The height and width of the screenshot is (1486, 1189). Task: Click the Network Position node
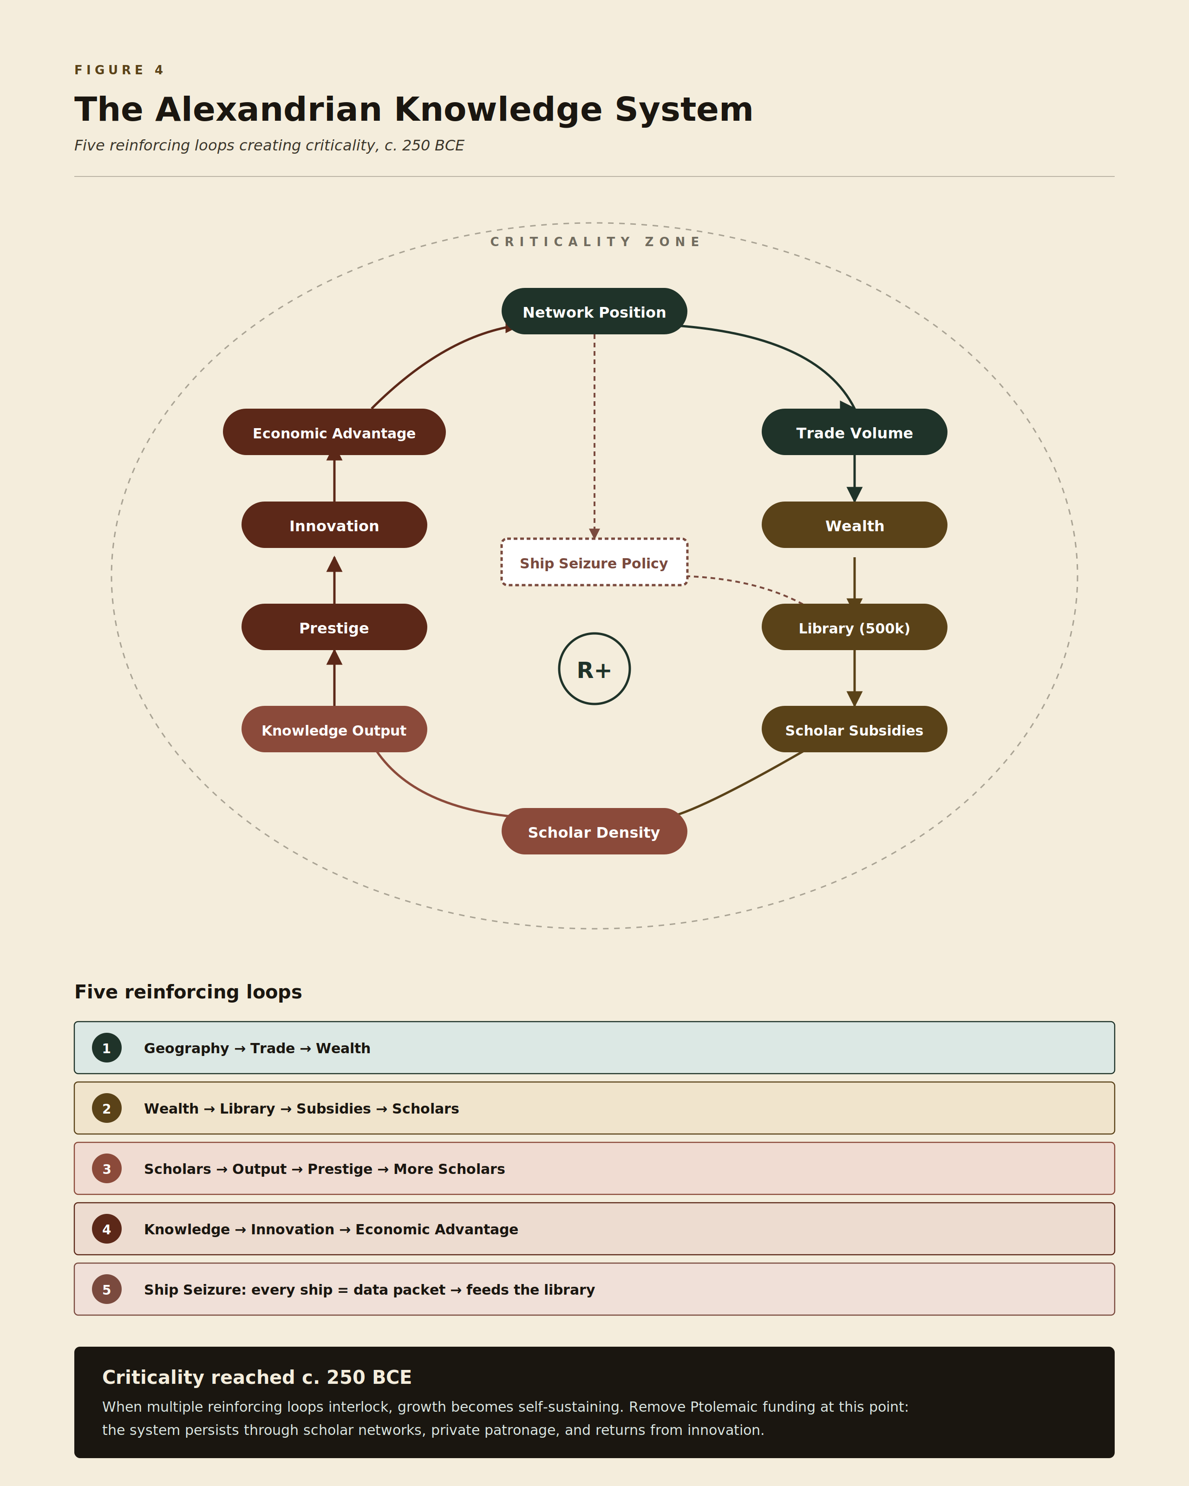click(x=594, y=312)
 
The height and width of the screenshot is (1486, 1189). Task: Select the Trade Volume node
click(x=854, y=432)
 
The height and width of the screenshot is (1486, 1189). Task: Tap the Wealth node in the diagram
click(x=854, y=525)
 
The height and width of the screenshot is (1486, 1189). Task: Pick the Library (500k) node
click(x=854, y=627)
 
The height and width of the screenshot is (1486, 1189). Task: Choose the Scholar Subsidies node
click(x=854, y=729)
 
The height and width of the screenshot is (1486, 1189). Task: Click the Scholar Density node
click(x=594, y=831)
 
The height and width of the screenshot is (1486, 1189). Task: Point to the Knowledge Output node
click(x=334, y=729)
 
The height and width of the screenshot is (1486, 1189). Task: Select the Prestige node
click(x=334, y=627)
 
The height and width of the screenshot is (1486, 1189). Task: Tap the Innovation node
click(x=334, y=525)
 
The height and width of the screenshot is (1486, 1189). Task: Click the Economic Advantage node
click(x=334, y=432)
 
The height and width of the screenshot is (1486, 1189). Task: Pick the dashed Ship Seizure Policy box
click(x=594, y=562)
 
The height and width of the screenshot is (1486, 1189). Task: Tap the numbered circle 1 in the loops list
click(x=107, y=1048)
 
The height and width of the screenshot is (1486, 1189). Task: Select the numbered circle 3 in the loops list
click(x=107, y=1168)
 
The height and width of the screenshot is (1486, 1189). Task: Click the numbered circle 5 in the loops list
click(x=107, y=1289)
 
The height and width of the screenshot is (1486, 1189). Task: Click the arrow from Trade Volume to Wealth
click(x=855, y=478)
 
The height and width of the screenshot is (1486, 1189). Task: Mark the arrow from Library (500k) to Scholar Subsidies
click(x=855, y=678)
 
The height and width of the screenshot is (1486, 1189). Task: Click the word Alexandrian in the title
click(x=269, y=110)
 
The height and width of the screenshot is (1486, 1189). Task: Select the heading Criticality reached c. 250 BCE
click(x=257, y=1377)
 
